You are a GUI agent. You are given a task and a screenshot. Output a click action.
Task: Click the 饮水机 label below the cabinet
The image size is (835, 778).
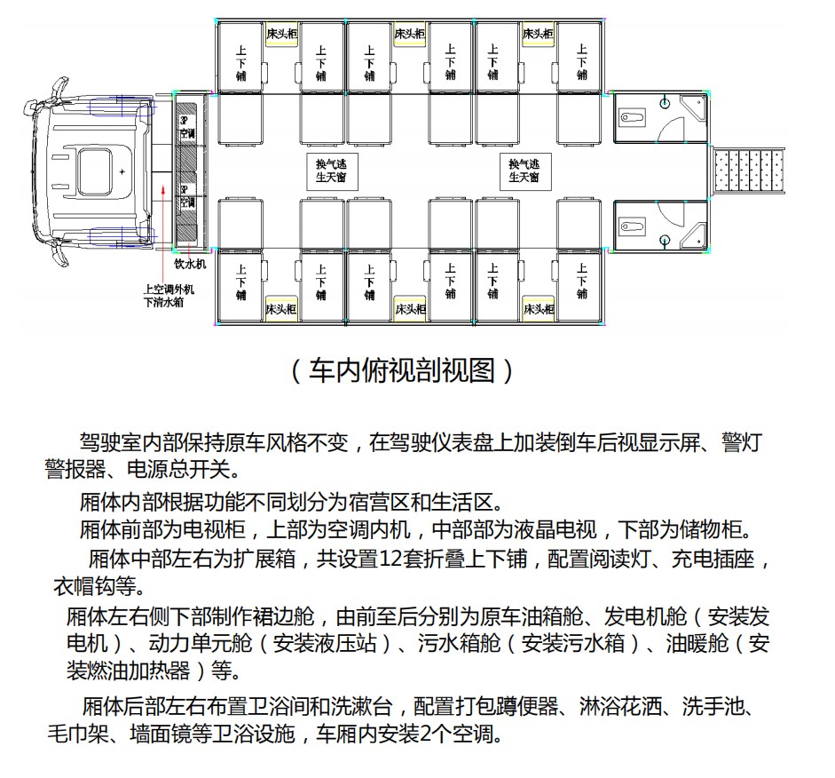click(189, 264)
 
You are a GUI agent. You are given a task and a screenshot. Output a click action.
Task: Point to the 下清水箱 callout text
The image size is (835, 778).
click(163, 302)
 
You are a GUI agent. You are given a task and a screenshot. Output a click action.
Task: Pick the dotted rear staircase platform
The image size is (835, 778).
click(750, 171)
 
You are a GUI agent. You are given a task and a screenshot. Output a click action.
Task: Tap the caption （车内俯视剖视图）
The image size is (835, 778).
click(401, 370)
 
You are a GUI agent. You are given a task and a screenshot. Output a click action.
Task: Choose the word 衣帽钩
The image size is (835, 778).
click(84, 587)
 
